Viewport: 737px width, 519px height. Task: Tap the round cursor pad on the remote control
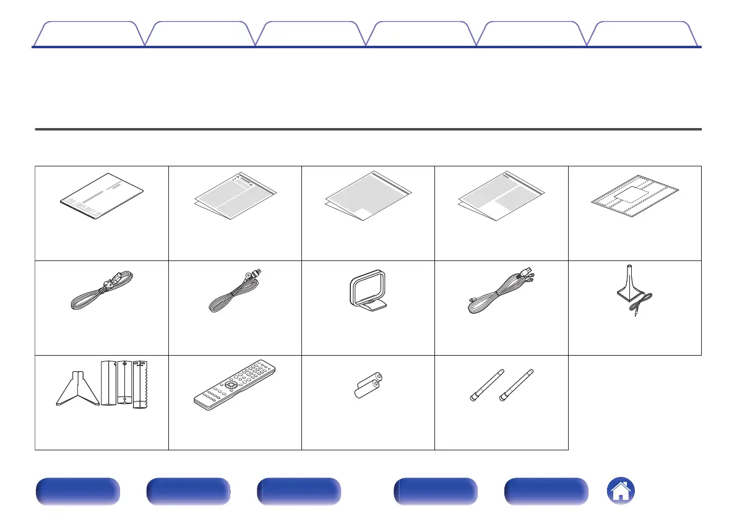pos(231,384)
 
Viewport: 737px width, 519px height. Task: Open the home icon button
pos(621,492)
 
